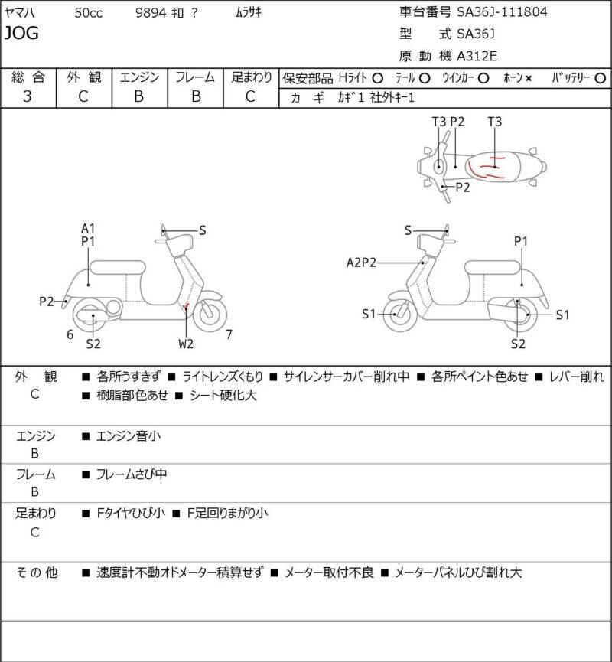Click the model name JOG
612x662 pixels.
(x=21, y=33)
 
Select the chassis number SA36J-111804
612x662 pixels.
(x=502, y=11)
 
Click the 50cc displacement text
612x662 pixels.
(x=88, y=13)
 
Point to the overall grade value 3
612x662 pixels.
(x=28, y=96)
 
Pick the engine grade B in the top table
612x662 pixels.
(x=139, y=96)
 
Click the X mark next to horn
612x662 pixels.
(x=529, y=79)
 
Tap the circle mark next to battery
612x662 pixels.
(x=600, y=78)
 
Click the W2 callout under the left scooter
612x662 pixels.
(x=186, y=344)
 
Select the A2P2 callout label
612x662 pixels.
(x=361, y=263)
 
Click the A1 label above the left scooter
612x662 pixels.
(x=88, y=228)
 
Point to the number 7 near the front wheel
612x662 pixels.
(x=229, y=334)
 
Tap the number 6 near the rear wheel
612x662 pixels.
(x=70, y=334)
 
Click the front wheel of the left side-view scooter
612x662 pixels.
(x=210, y=314)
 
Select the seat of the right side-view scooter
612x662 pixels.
(x=492, y=267)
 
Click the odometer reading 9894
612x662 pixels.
(x=151, y=13)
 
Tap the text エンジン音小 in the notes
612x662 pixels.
(x=129, y=435)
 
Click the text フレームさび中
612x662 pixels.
(x=132, y=474)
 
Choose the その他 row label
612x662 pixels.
(x=37, y=572)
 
